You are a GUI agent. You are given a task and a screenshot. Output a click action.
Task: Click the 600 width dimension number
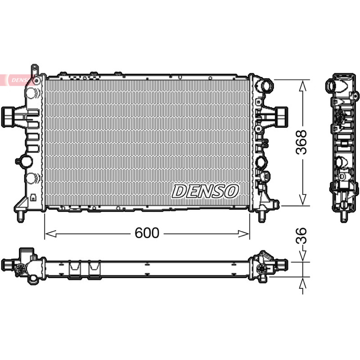pyautogui.click(x=147, y=233)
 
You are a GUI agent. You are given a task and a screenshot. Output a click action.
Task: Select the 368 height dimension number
pyautogui.click(x=301, y=142)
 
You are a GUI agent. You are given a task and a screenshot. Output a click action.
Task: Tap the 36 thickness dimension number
pyautogui.click(x=301, y=235)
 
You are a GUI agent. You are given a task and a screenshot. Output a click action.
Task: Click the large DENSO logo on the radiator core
pyautogui.click(x=205, y=191)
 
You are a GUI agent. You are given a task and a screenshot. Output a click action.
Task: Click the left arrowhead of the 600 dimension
pyautogui.click(x=50, y=234)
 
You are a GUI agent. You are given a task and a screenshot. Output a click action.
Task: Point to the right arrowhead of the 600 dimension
pyautogui.click(x=243, y=234)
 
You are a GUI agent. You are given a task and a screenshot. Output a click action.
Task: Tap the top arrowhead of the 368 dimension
pyautogui.click(x=303, y=85)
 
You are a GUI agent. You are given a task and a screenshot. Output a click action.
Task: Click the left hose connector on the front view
pyautogui.click(x=9, y=117)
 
